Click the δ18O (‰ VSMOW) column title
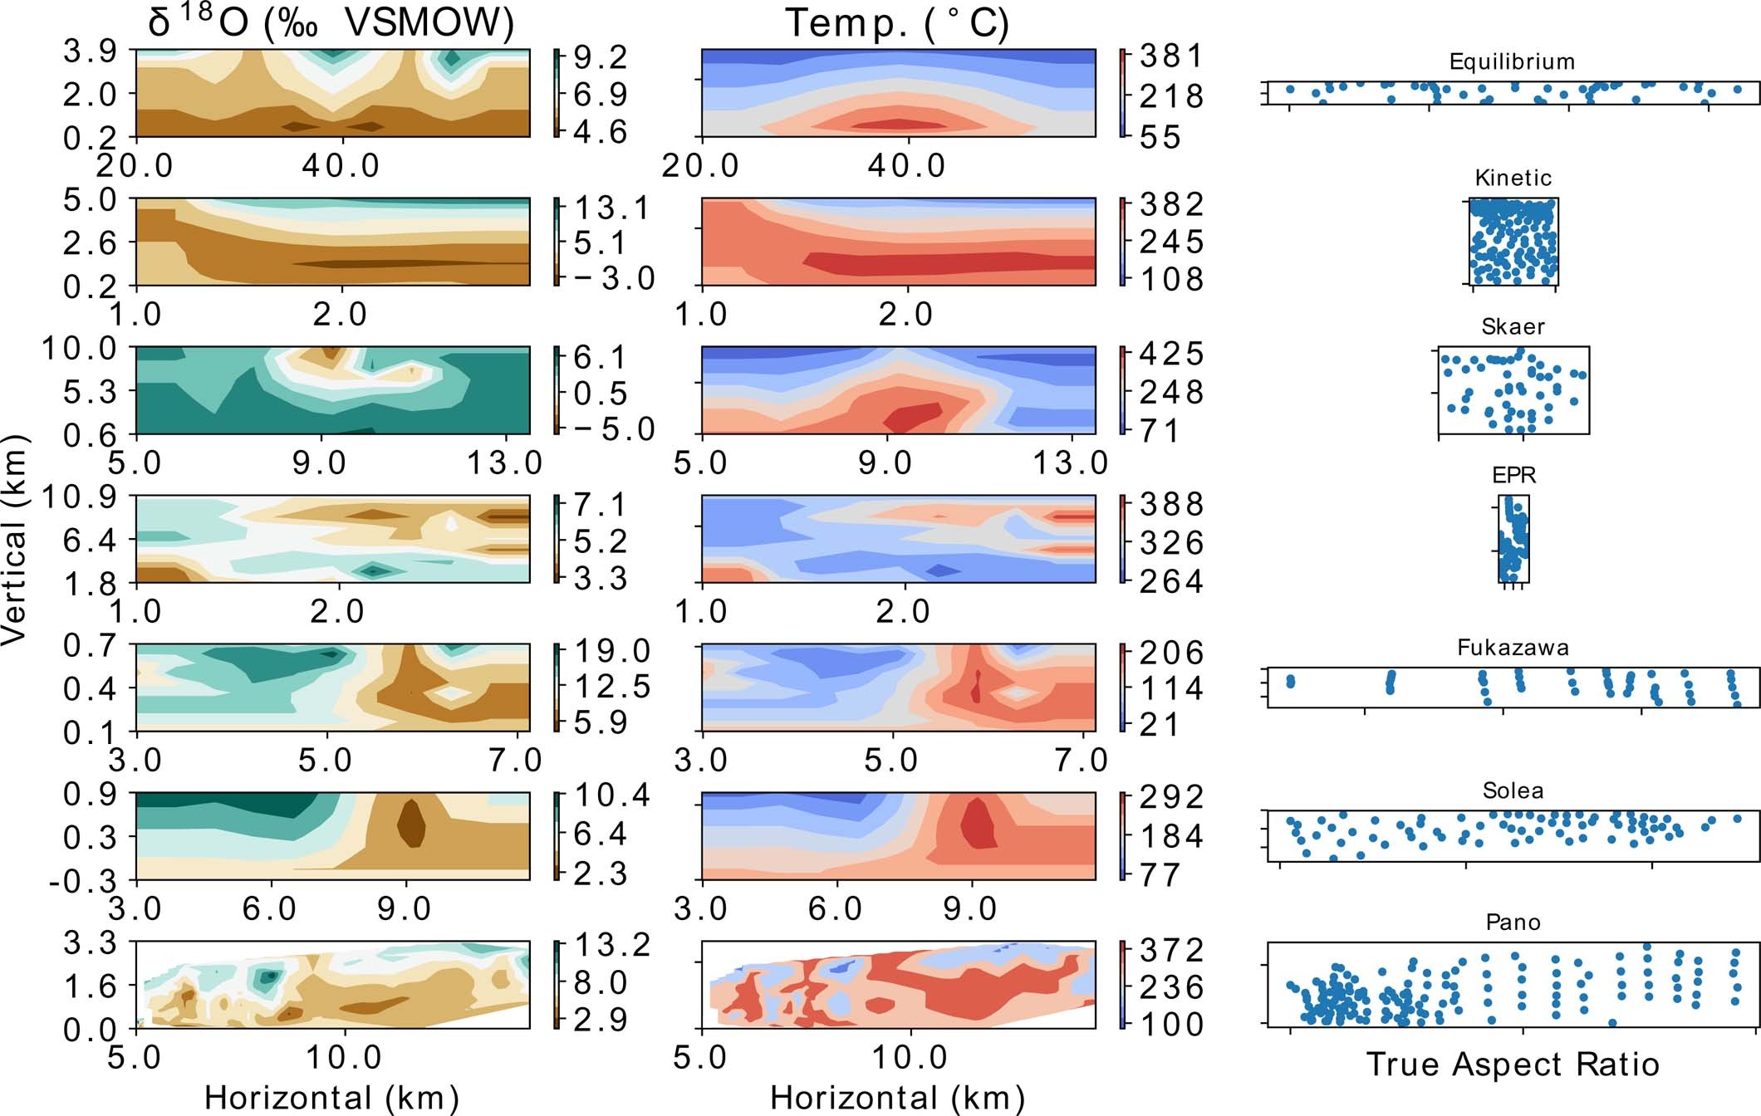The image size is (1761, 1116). pyautogui.click(x=331, y=22)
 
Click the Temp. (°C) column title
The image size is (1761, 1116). pyautogui.click(x=897, y=22)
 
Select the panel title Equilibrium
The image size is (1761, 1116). pyautogui.click(x=1512, y=61)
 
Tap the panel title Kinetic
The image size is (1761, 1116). pyautogui.click(x=1513, y=178)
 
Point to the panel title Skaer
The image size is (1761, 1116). pyautogui.click(x=1513, y=326)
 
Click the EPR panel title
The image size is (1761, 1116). pyautogui.click(x=1513, y=475)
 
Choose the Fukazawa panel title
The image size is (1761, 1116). pyautogui.click(x=1513, y=648)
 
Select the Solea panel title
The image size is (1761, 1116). pyautogui.click(x=1513, y=790)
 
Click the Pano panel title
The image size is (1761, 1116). pyautogui.click(x=1513, y=923)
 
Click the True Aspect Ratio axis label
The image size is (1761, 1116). pyautogui.click(x=1513, y=1065)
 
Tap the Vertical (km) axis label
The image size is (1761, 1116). pyautogui.click(x=15, y=540)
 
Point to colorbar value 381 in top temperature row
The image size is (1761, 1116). pyautogui.click(x=1171, y=56)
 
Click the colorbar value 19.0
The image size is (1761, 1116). pyautogui.click(x=612, y=651)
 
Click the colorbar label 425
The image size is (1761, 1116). pyautogui.click(x=1171, y=355)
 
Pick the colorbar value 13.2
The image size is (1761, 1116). pyautogui.click(x=612, y=945)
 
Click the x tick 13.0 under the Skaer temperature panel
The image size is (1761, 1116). pyautogui.click(x=1070, y=463)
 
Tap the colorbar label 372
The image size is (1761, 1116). pyautogui.click(x=1171, y=950)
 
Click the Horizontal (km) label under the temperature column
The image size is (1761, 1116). pyautogui.click(x=897, y=1098)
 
